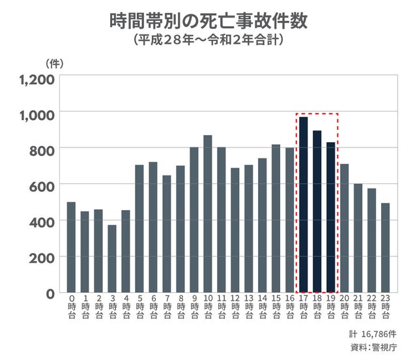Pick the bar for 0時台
[71, 248]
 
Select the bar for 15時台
[276, 218]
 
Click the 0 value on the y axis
[50, 293]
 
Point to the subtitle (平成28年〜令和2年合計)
[208, 40]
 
